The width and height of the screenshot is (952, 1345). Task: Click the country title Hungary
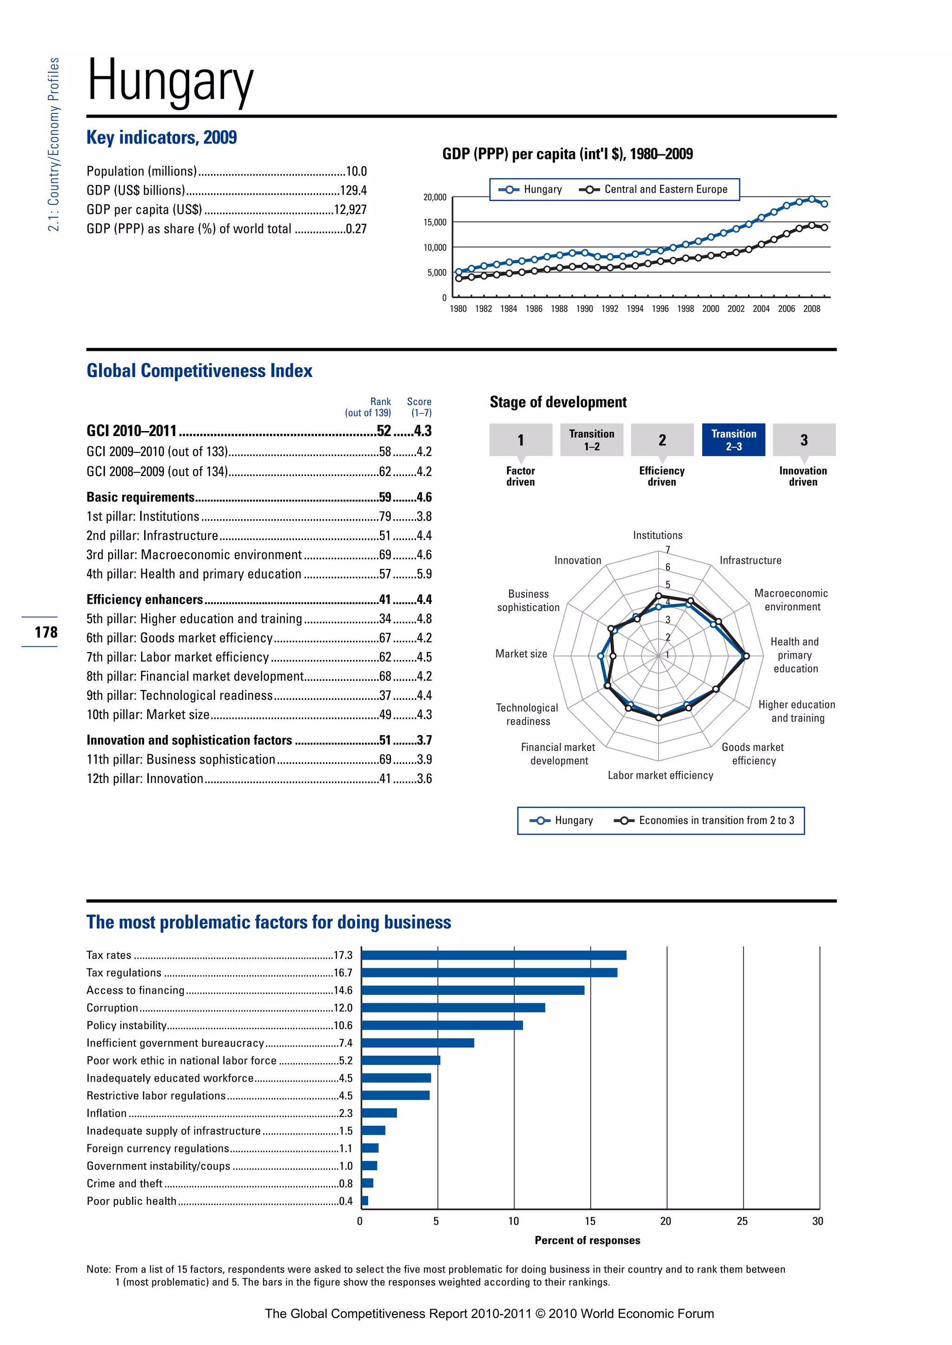pyautogui.click(x=170, y=81)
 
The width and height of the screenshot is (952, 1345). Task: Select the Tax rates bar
pyautogui.click(x=494, y=955)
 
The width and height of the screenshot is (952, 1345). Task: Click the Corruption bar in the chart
pyautogui.click(x=453, y=1007)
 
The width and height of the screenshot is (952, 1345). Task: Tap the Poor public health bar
pyautogui.click(x=364, y=1201)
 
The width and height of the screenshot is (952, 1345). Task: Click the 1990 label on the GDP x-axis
pyautogui.click(x=584, y=309)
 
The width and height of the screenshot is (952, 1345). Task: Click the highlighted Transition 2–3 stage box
pyautogui.click(x=734, y=440)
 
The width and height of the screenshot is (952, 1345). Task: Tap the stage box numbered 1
pyautogui.click(x=521, y=440)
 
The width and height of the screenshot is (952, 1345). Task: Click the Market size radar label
pyautogui.click(x=521, y=654)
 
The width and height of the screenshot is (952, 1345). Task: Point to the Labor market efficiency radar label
pyautogui.click(x=660, y=776)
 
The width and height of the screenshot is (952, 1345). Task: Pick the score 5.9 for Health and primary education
pyautogui.click(x=424, y=574)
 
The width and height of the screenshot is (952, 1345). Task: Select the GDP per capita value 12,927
pyautogui.click(x=350, y=210)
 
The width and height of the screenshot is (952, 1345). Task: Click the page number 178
pyautogui.click(x=46, y=632)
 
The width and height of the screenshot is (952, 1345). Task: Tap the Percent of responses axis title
pyautogui.click(x=588, y=1240)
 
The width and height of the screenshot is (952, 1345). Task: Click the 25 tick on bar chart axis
pyautogui.click(x=742, y=1221)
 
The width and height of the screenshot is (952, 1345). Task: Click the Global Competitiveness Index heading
pyautogui.click(x=199, y=371)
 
